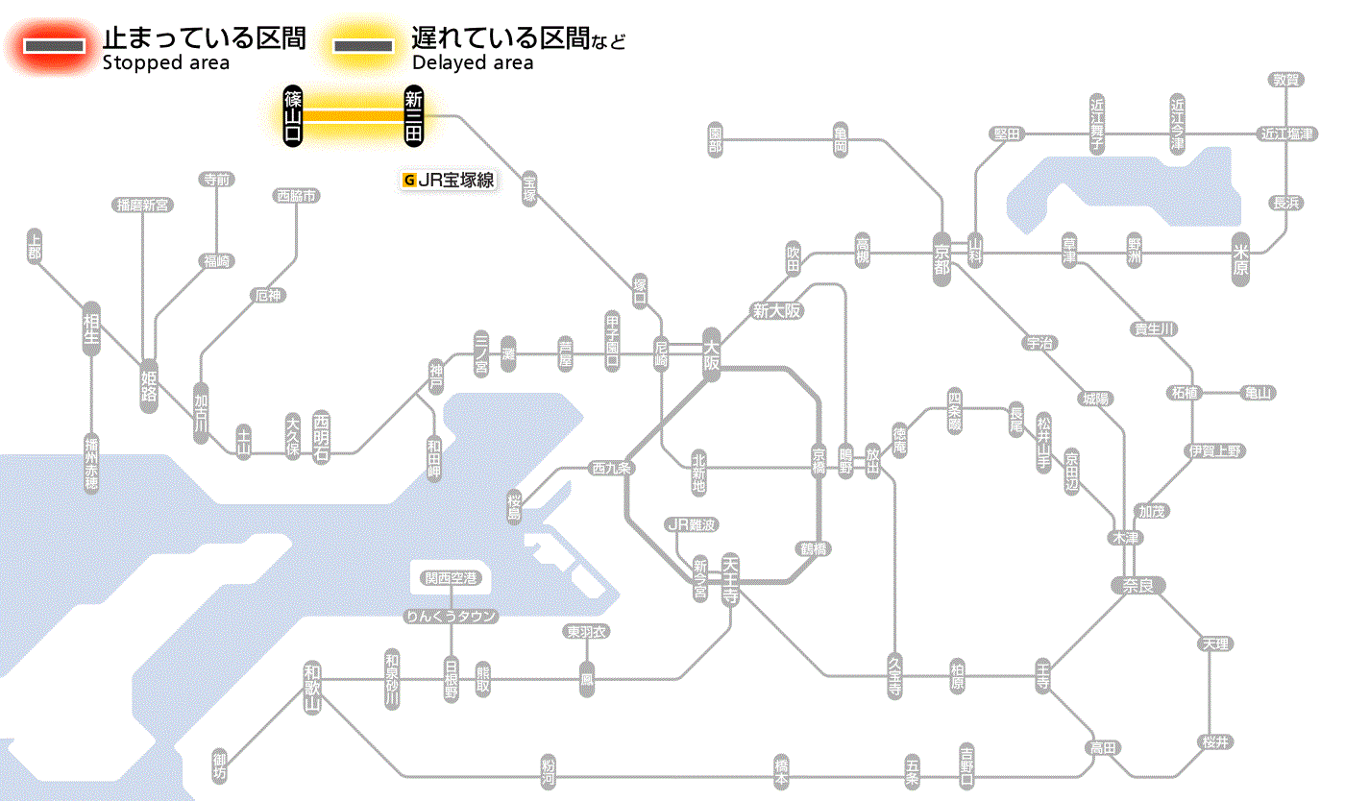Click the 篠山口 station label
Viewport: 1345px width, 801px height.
[x=293, y=115]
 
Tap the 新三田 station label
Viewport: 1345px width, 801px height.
[x=413, y=115]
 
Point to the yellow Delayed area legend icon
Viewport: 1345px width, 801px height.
[x=362, y=45]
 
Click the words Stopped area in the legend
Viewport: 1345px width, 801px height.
[x=166, y=63]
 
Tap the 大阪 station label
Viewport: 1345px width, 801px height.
[x=711, y=352]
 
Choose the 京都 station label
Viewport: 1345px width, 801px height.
[x=941, y=255]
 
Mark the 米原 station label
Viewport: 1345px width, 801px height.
[x=1240, y=258]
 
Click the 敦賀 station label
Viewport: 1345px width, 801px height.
[x=1286, y=80]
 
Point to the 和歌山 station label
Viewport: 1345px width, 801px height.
[x=311, y=688]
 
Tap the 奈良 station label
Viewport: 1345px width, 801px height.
[x=1137, y=585]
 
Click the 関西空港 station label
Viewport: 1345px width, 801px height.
[x=451, y=578]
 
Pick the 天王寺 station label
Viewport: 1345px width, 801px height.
[x=730, y=579]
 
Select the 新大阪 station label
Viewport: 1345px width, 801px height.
[x=776, y=310]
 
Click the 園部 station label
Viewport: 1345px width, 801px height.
[x=715, y=139]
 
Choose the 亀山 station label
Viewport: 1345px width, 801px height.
[x=1258, y=393]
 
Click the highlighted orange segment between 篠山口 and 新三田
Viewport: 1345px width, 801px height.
[x=353, y=115]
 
